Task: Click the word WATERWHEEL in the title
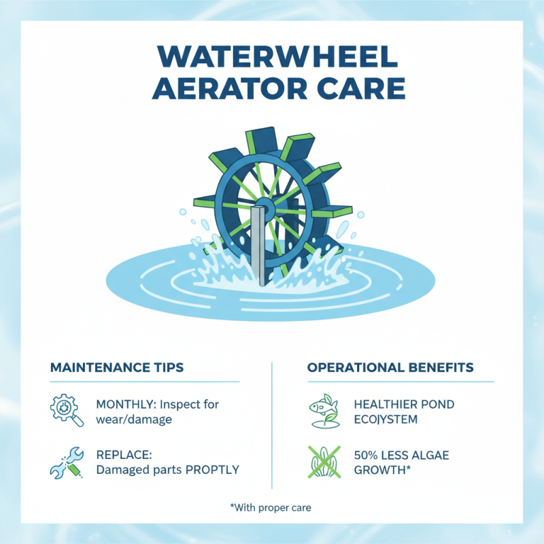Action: pos(272,59)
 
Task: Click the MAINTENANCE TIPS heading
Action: pos(117,368)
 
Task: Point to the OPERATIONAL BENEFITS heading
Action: pos(390,368)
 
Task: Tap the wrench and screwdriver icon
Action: pos(67,462)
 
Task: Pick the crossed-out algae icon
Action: pos(323,462)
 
